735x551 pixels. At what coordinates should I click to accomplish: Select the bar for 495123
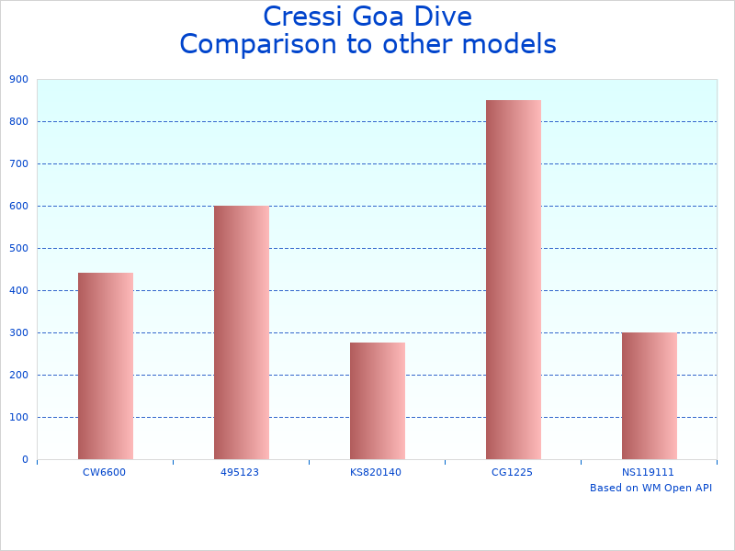[241, 332]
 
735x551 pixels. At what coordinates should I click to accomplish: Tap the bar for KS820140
[377, 400]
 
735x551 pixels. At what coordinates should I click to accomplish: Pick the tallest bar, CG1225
[513, 279]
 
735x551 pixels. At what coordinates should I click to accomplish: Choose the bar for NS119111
[649, 396]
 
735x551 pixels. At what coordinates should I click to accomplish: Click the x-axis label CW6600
[104, 472]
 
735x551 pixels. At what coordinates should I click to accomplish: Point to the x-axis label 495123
[240, 472]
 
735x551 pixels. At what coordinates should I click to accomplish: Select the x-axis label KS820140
[376, 472]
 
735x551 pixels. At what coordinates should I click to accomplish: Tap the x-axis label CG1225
[512, 472]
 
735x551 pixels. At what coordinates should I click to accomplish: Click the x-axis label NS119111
[648, 472]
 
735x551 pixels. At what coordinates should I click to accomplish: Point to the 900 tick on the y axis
[18, 80]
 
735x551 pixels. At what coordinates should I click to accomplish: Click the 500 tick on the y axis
[18, 248]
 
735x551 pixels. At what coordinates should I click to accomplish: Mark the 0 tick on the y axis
[24, 459]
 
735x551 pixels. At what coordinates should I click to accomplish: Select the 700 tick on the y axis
[18, 163]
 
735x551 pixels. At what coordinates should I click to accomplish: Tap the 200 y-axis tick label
[18, 375]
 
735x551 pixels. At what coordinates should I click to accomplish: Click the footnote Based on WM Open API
[650, 488]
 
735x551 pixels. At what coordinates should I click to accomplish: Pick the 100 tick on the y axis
[18, 417]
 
